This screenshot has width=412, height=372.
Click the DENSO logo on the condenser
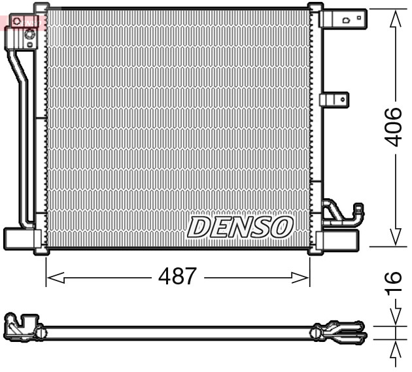pos(239,227)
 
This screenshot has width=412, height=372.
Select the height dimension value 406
pos(393,127)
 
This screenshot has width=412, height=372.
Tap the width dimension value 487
pos(177,277)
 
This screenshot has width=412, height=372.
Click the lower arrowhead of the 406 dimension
pos(394,237)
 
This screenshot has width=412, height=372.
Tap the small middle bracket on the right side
pos(334,99)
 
